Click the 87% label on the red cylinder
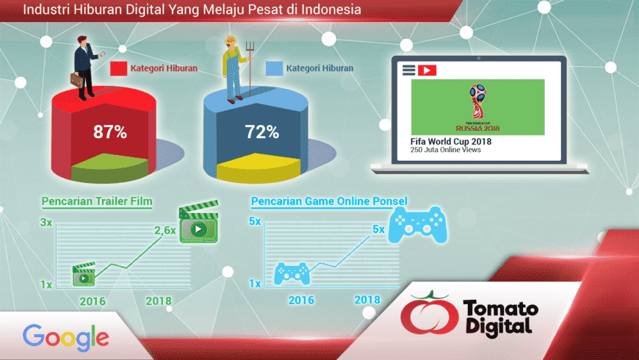[110, 132]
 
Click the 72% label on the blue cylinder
[261, 132]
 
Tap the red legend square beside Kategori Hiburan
[118, 68]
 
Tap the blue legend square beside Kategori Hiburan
[274, 68]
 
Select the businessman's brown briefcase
[77, 80]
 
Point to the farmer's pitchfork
[250, 68]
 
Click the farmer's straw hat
[231, 40]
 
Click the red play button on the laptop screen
[427, 71]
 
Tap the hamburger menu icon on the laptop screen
[409, 70]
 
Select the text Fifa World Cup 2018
[451, 142]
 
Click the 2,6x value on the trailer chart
[165, 231]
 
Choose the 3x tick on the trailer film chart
[46, 222]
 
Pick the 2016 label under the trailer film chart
[93, 301]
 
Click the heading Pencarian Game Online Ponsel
[329, 201]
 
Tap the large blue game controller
[418, 225]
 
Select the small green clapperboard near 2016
[84, 274]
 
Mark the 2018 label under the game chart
[367, 300]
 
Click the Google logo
[66, 337]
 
